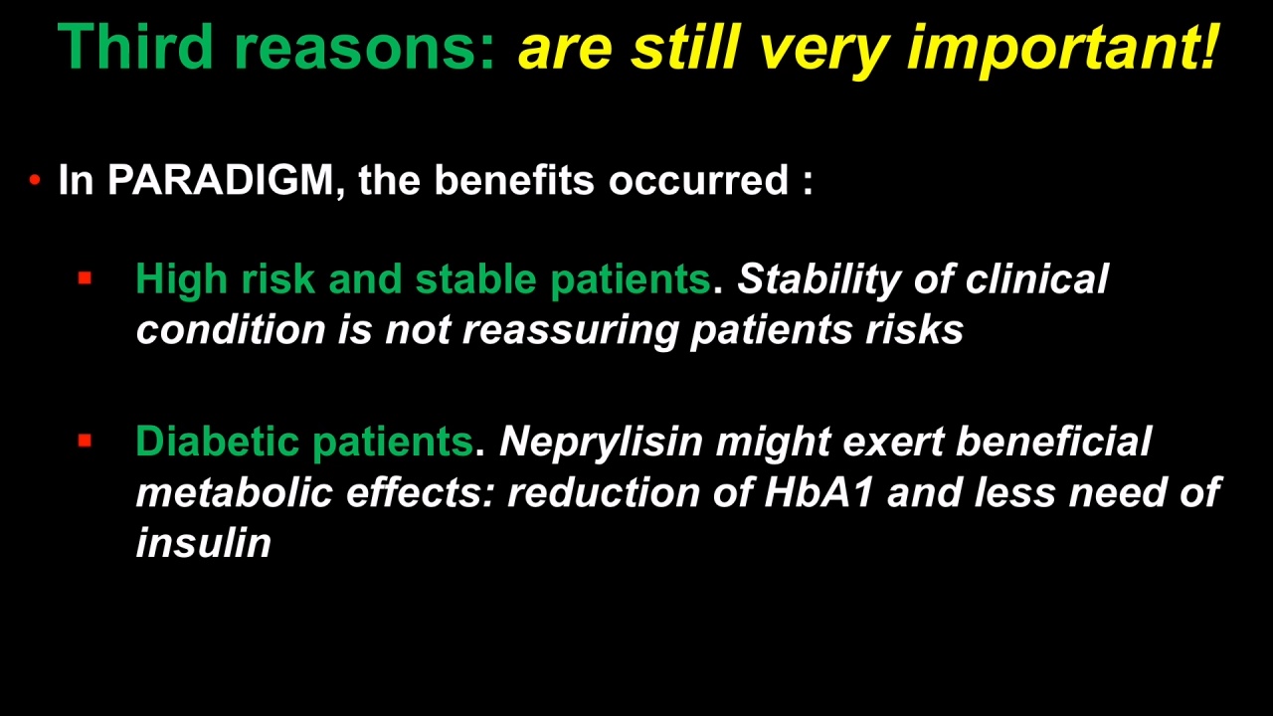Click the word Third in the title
[x=135, y=46]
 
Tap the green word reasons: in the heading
[x=364, y=51]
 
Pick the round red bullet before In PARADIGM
[x=35, y=180]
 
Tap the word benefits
[x=514, y=180]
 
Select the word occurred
[x=698, y=180]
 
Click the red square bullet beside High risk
[x=85, y=277]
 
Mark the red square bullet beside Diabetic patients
[x=85, y=441]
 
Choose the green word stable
[x=475, y=279]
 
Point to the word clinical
[x=1036, y=279]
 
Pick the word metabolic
[x=234, y=492]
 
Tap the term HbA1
[x=818, y=492]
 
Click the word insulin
[x=203, y=542]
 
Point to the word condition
[x=230, y=329]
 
